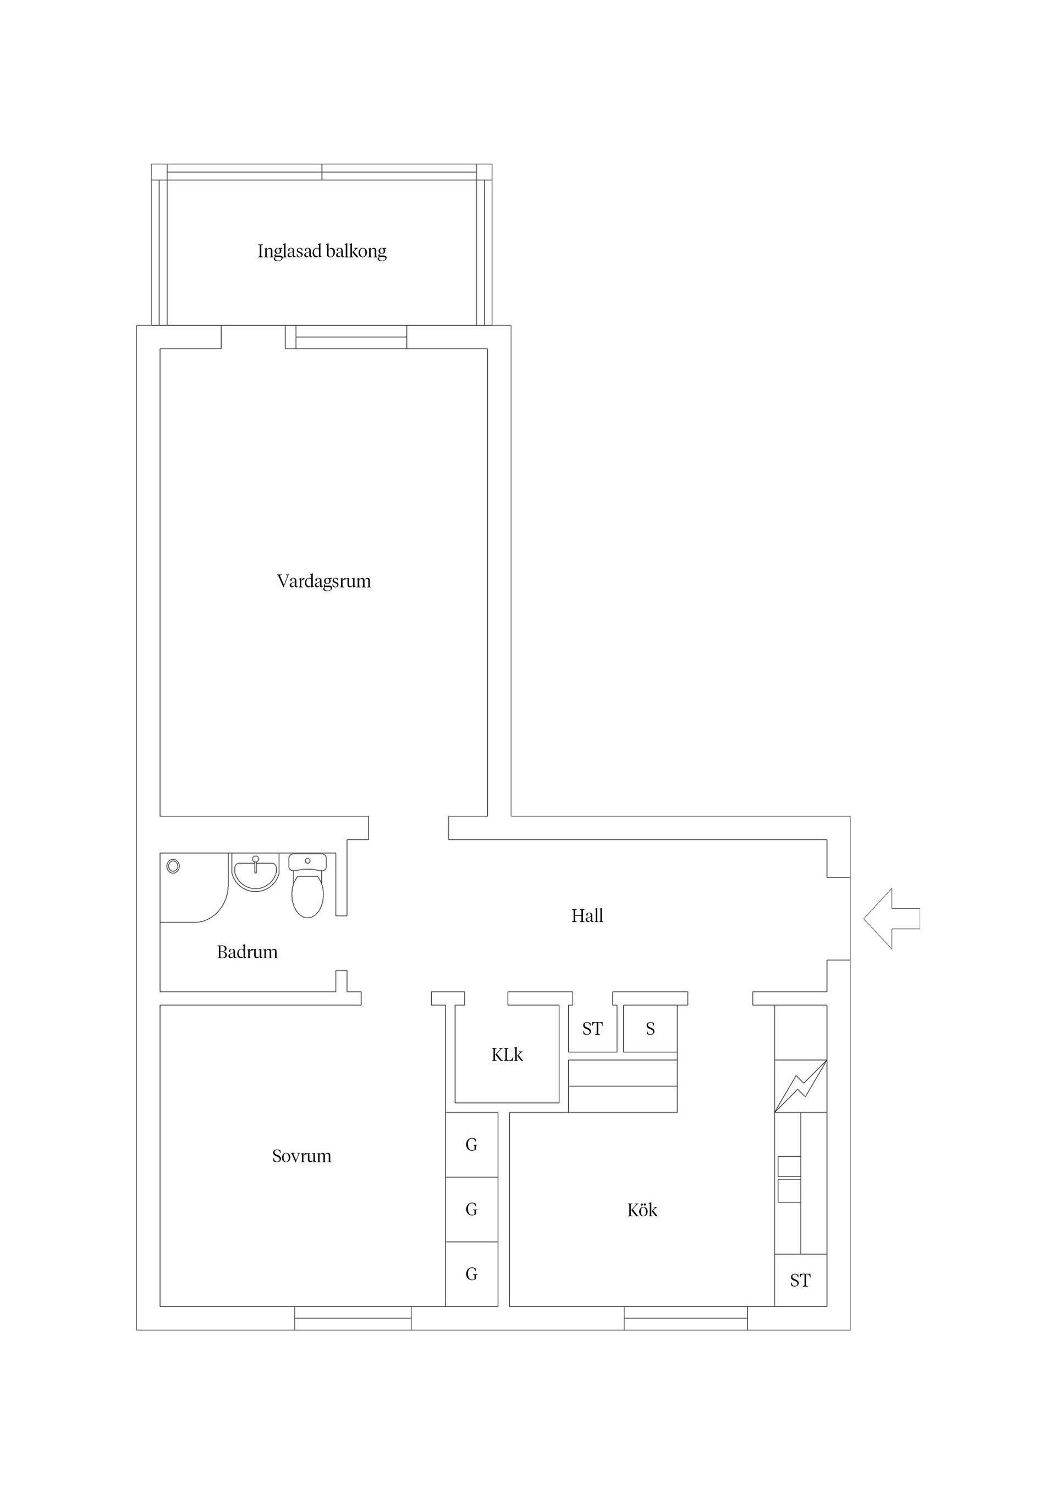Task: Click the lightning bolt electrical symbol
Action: [800, 1086]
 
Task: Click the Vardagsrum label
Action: [323, 581]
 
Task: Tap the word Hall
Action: [587, 916]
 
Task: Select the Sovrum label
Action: [301, 1156]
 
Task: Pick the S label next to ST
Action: [650, 1029]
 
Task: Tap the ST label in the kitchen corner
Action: [800, 1281]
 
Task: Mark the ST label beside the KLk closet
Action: [592, 1029]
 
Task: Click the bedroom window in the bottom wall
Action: [353, 1319]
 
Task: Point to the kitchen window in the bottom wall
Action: [685, 1319]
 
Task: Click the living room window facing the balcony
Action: [351, 337]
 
